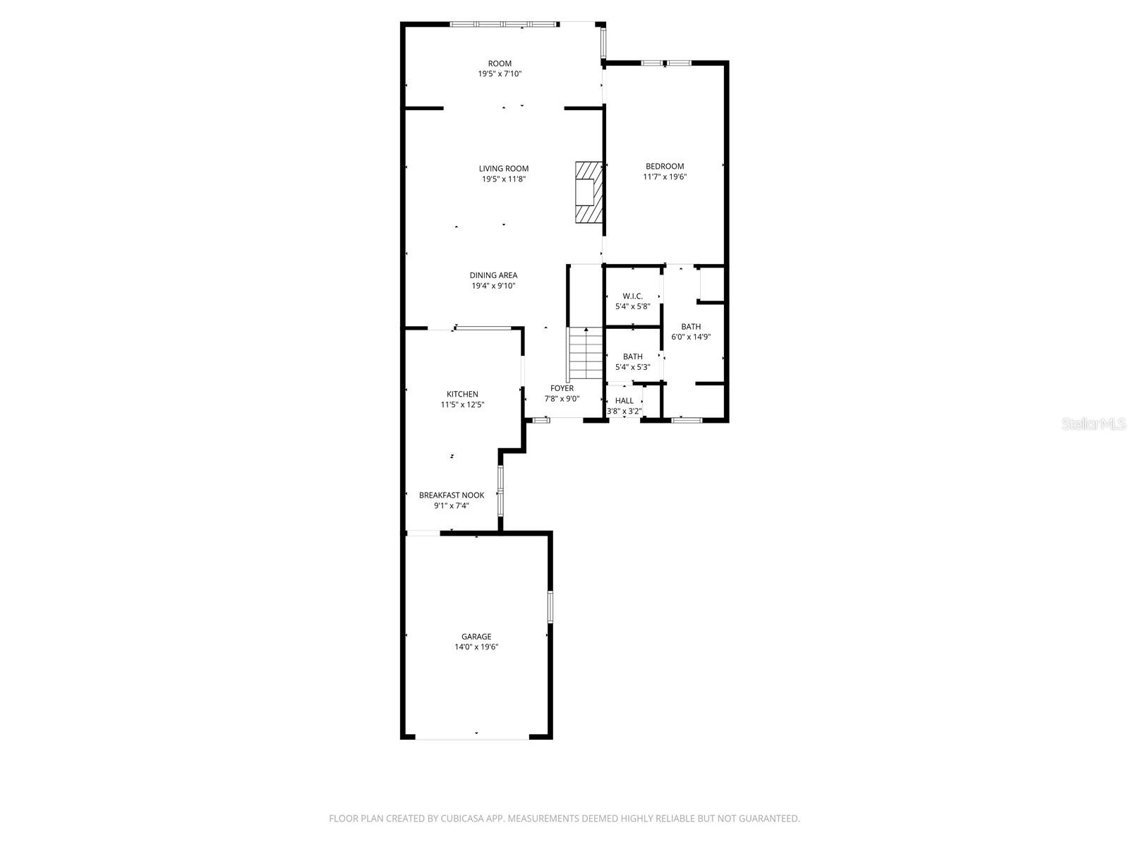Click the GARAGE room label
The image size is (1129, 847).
[476, 636]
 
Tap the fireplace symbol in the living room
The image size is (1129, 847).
[588, 192]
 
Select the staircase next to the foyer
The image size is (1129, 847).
[585, 355]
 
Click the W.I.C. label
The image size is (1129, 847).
[632, 296]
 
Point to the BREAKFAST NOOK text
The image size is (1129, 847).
[452, 495]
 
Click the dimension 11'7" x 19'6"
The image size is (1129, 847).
[665, 177]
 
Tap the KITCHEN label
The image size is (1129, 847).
[462, 394]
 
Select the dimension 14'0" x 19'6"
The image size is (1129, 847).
[476, 647]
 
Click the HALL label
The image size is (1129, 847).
[624, 400]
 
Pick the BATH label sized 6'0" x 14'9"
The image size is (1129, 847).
[691, 326]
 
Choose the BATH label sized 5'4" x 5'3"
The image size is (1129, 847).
[632, 356]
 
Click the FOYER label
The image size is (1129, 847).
[562, 388]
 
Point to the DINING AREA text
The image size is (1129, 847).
[493, 275]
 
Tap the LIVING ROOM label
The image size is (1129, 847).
[503, 169]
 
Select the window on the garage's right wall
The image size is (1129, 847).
[550, 607]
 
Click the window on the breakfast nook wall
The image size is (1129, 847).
[500, 491]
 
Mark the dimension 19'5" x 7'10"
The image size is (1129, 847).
[500, 74]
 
